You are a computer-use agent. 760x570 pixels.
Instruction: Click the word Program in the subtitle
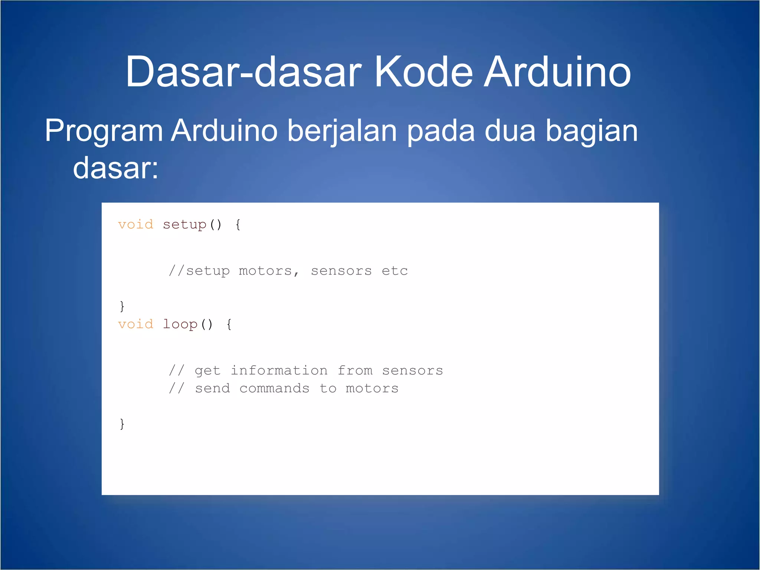click(x=104, y=131)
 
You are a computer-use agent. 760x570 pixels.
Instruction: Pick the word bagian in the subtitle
click(x=592, y=131)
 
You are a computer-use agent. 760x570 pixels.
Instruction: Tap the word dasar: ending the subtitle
click(x=116, y=168)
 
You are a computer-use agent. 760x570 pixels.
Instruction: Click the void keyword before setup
click(x=135, y=225)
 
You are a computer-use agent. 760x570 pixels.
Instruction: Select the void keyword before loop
click(x=135, y=324)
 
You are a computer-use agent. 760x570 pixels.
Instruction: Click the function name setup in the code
click(x=184, y=225)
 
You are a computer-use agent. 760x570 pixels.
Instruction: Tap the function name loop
click(x=180, y=324)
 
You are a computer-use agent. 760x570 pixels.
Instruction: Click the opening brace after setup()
click(x=238, y=225)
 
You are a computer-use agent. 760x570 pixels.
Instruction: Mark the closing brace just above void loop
click(x=122, y=306)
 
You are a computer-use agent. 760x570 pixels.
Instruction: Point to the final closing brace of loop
click(x=122, y=424)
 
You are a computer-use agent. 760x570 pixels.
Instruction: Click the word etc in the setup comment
click(x=394, y=271)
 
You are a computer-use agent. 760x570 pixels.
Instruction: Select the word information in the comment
click(x=279, y=370)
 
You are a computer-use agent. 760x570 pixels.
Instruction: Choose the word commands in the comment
click(x=274, y=389)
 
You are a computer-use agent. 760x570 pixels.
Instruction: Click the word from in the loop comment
click(x=355, y=370)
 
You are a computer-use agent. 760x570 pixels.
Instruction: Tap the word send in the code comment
click(x=212, y=389)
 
